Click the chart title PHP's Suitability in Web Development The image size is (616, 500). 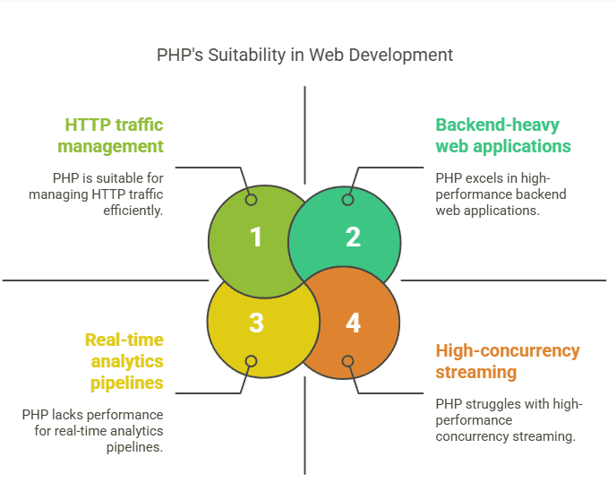click(304, 55)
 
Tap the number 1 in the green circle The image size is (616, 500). click(256, 237)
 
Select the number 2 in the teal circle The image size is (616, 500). click(353, 237)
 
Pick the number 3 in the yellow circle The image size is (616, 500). click(256, 323)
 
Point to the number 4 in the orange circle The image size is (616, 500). click(353, 323)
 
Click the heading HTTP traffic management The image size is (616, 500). click(110, 135)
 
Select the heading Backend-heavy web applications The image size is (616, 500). click(503, 135)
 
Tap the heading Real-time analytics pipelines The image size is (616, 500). click(124, 361)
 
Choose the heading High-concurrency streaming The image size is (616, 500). click(508, 361)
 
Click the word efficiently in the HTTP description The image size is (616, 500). click(133, 211)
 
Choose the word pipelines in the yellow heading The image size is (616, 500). click(127, 384)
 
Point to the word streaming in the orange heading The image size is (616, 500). click(476, 372)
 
